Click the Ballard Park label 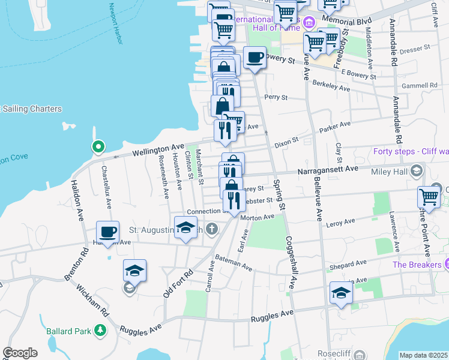click(x=68, y=331)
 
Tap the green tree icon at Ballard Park click(x=100, y=331)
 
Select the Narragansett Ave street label click(x=328, y=170)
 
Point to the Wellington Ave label click(x=158, y=148)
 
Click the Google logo click(x=20, y=353)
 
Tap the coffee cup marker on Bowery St click(x=255, y=58)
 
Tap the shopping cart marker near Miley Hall click(x=429, y=196)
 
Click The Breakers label click(x=416, y=265)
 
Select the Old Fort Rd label click(x=178, y=283)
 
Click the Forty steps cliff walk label click(x=410, y=151)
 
